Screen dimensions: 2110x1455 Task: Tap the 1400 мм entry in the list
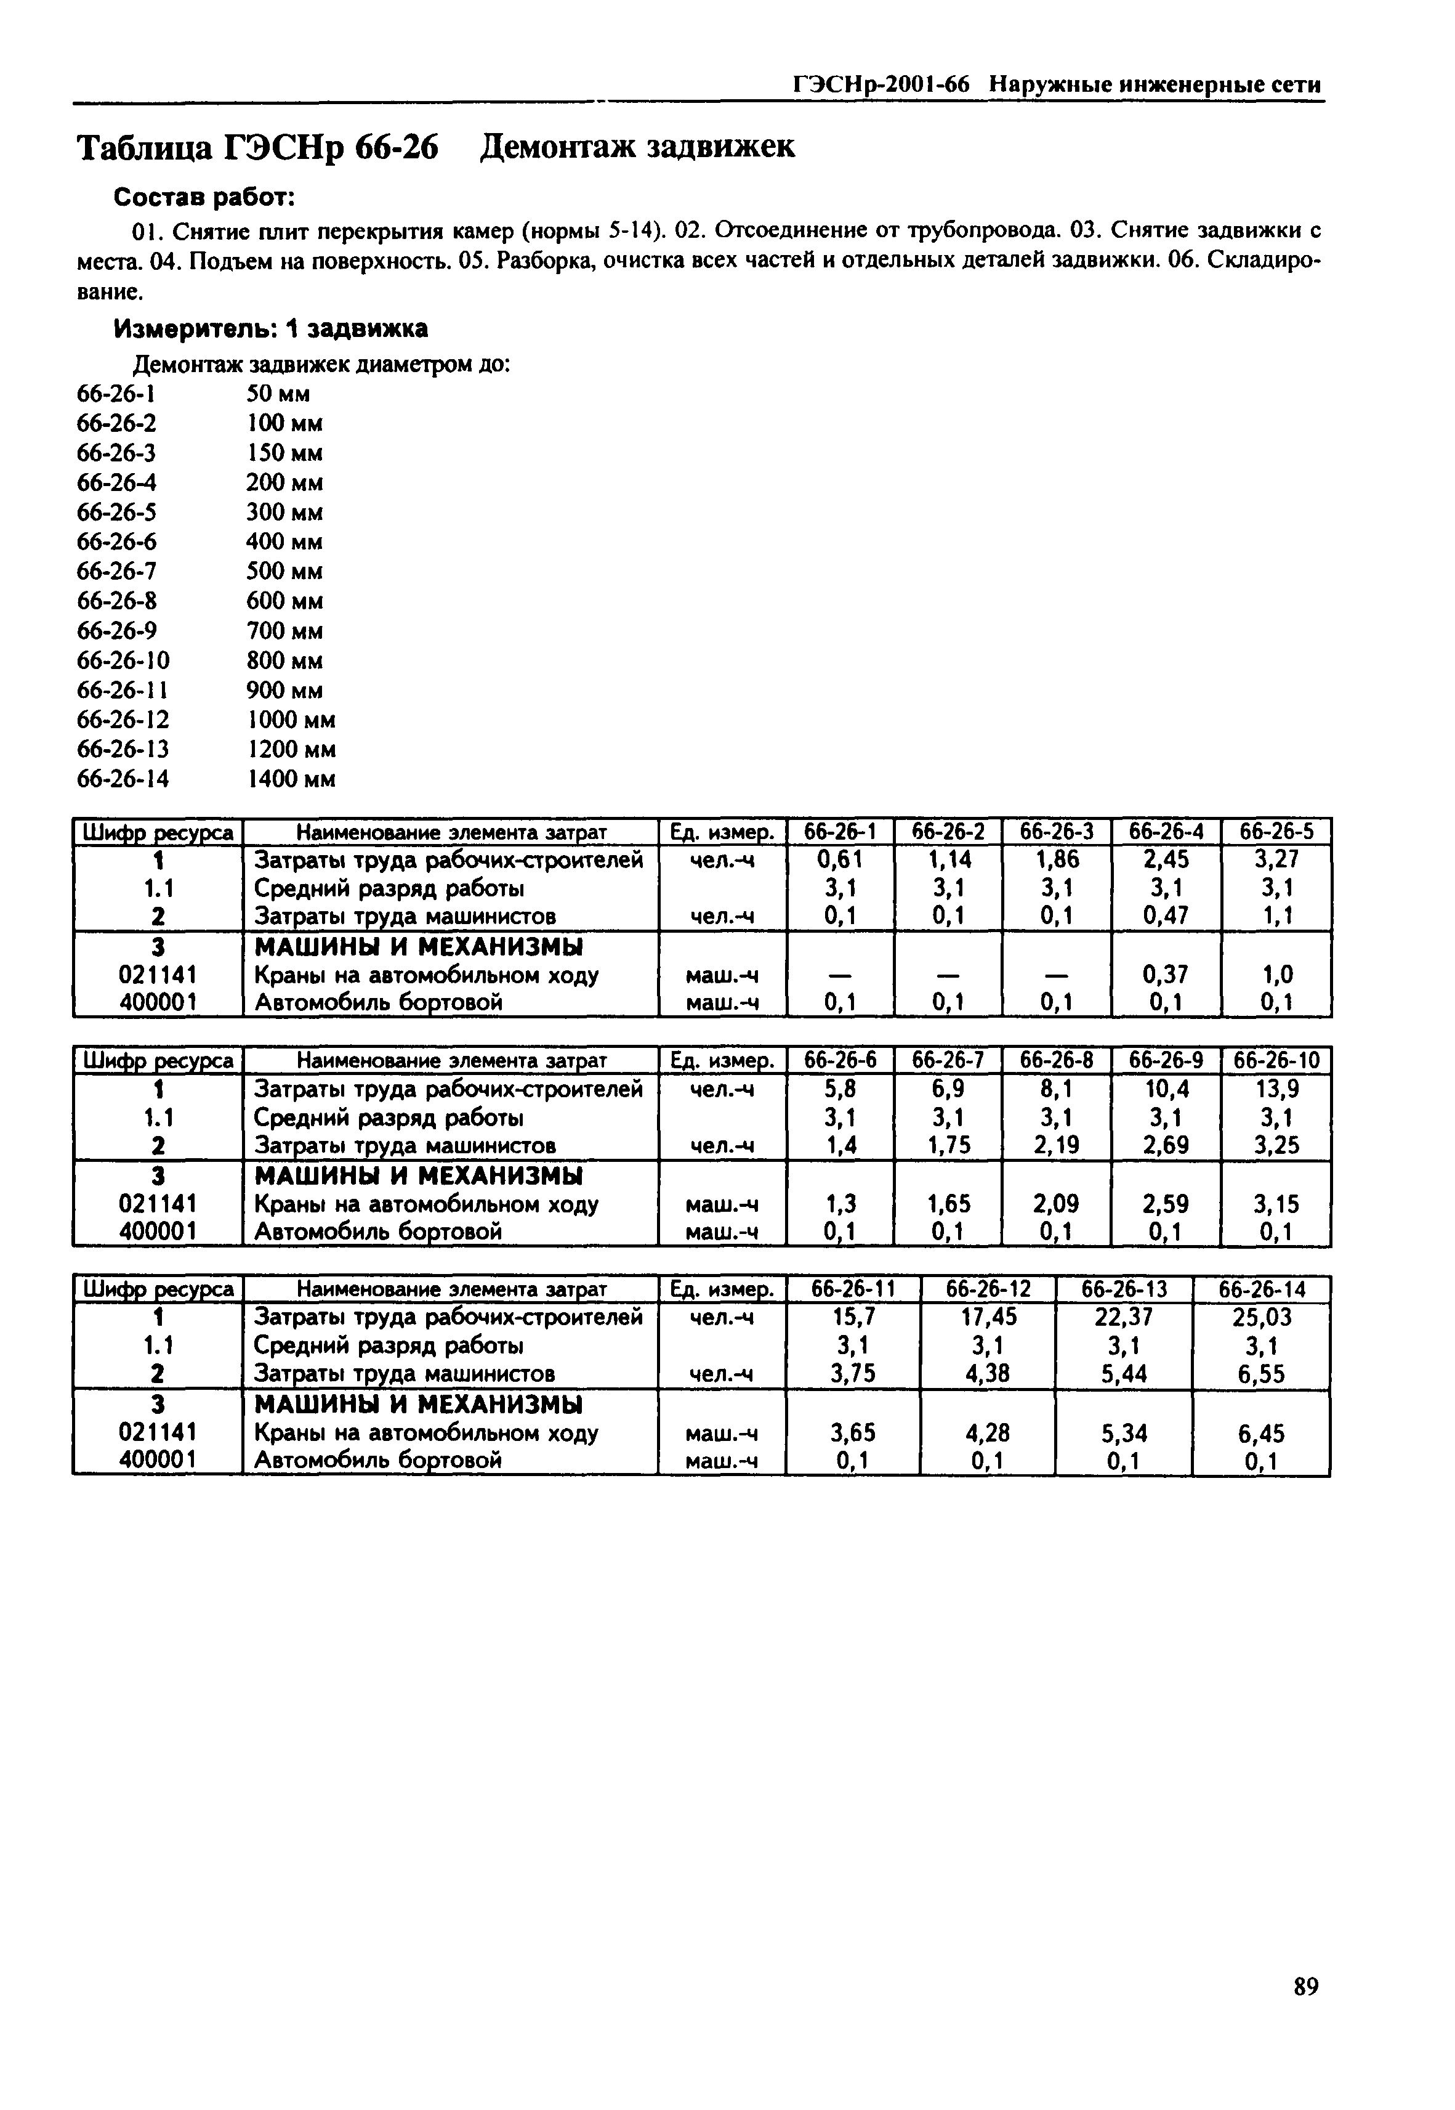(291, 780)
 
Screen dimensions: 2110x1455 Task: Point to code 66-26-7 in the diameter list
(117, 572)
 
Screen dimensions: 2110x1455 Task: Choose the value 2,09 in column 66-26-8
(1057, 1204)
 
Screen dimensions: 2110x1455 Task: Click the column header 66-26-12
(988, 1290)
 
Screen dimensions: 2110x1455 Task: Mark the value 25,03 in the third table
(1261, 1318)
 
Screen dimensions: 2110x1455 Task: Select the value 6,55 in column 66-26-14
(1261, 1374)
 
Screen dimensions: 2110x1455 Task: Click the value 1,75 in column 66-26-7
(948, 1145)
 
